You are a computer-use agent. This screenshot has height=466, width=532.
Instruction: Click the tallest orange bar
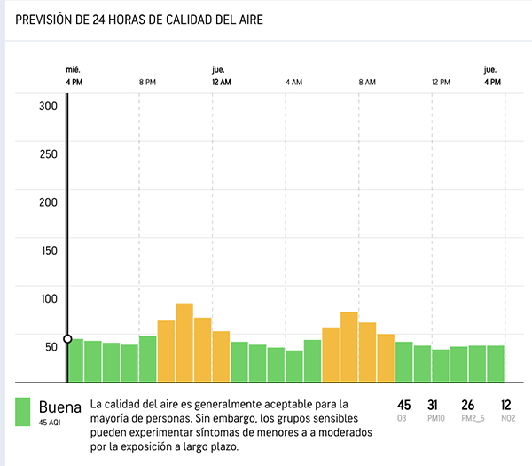click(x=184, y=341)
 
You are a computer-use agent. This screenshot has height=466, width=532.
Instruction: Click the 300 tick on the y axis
click(x=48, y=106)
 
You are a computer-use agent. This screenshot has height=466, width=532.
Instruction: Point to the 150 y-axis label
click(x=48, y=249)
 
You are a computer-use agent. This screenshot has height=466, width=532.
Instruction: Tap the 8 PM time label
click(x=148, y=83)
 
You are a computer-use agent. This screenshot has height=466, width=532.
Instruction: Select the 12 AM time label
click(x=221, y=83)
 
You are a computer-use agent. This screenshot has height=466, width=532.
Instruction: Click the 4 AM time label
click(x=294, y=83)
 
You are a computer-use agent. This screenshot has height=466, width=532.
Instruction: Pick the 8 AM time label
click(x=367, y=83)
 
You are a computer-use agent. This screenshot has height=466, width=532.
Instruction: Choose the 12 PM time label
click(x=441, y=83)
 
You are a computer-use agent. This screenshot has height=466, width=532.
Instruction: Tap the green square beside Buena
click(x=24, y=411)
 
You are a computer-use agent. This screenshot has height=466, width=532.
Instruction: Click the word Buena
click(x=59, y=407)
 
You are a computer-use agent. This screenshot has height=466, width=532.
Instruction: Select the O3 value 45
click(x=404, y=405)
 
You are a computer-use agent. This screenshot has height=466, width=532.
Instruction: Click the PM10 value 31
click(x=434, y=405)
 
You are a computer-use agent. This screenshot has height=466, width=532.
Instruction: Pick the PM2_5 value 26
click(x=468, y=405)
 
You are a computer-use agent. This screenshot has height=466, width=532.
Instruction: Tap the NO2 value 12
click(x=505, y=405)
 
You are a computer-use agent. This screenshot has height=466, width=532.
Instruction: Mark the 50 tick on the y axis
click(x=51, y=345)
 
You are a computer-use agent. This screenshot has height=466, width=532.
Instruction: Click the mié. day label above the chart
click(x=74, y=68)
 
